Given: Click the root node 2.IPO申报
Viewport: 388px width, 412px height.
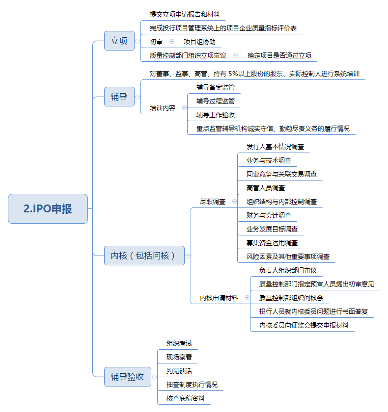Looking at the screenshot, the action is tap(48, 208).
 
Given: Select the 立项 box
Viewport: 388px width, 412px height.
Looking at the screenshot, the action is tap(119, 41).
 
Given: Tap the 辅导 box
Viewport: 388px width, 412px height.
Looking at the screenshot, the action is tap(119, 97).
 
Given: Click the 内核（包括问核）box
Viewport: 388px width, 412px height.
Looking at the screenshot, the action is tap(144, 256).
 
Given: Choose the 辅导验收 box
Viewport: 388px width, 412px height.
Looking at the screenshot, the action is tap(128, 377).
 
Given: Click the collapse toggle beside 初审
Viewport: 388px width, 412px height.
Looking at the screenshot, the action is tap(171, 42).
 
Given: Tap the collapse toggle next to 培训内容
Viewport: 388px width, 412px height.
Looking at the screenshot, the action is tap(184, 108).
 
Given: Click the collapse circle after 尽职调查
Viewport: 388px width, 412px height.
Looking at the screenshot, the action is tap(234, 202).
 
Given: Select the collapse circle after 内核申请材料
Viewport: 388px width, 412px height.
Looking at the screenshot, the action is tap(247, 298).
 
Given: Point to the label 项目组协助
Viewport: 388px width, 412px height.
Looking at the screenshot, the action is tap(199, 42).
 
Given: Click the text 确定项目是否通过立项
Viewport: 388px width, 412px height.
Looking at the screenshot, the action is tap(279, 55).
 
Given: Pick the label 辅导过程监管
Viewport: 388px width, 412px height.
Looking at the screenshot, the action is tap(216, 101).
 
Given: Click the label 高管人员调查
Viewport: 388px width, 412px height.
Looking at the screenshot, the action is tap(266, 188).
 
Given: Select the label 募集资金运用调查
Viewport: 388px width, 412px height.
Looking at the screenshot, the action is tap(272, 243).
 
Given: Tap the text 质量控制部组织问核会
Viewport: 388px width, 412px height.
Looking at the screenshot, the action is tap(291, 298).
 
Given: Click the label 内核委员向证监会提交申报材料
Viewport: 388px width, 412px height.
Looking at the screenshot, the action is tap(304, 325).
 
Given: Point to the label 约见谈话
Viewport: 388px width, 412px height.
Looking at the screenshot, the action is tap(179, 371).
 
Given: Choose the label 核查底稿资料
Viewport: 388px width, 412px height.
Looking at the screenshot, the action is tap(186, 399).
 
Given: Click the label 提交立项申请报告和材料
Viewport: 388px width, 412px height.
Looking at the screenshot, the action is tap(185, 14).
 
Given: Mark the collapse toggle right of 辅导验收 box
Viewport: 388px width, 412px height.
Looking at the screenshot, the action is tap(154, 377).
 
